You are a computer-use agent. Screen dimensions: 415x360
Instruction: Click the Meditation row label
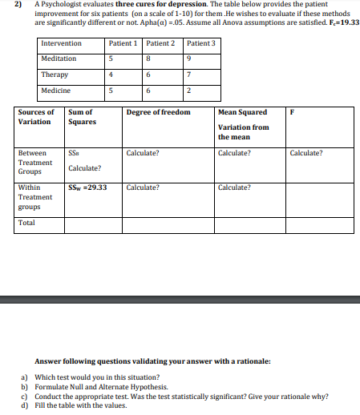click(59, 58)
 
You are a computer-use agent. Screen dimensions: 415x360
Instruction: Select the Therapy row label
click(55, 75)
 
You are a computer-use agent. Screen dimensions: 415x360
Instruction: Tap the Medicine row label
click(55, 91)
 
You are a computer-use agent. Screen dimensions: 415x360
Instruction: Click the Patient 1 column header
click(123, 43)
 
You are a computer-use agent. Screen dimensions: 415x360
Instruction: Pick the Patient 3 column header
click(200, 43)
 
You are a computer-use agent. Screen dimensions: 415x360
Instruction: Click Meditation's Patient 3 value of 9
click(187, 58)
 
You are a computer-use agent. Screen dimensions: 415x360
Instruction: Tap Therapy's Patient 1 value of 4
click(110, 75)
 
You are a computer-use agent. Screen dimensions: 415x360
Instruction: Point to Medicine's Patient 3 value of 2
click(187, 91)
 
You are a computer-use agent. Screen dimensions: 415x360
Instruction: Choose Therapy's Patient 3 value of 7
click(187, 75)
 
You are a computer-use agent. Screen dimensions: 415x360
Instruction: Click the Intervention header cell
click(61, 43)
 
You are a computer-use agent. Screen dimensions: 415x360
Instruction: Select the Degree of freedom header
click(158, 112)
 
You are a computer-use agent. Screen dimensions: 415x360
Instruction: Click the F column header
click(292, 112)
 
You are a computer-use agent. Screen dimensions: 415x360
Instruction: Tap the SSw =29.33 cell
click(88, 187)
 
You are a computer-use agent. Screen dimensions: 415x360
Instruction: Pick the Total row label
click(26, 222)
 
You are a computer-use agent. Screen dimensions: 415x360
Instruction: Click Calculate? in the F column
click(306, 152)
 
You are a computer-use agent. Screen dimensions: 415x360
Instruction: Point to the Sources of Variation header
click(36, 117)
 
